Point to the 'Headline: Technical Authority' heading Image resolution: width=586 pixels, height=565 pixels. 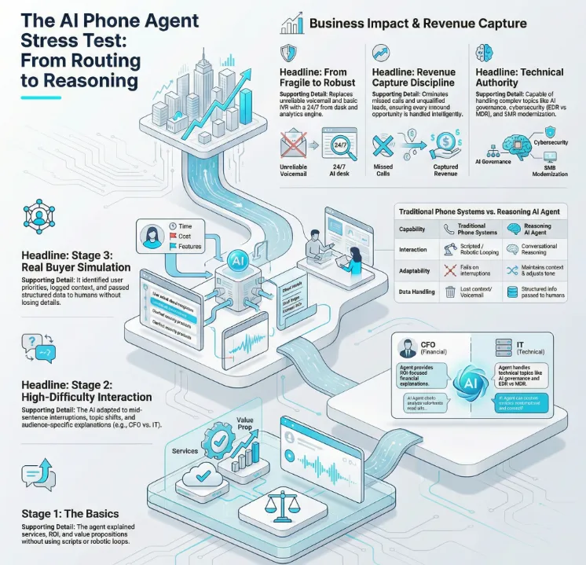[x=519, y=77]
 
